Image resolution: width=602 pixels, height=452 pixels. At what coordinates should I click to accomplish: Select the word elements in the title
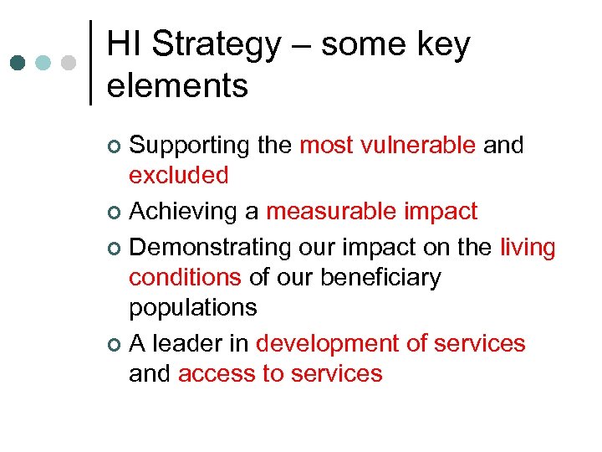tap(177, 85)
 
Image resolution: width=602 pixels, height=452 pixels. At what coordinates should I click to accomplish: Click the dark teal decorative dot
tap(18, 63)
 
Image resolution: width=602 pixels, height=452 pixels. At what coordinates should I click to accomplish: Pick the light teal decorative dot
tap(43, 63)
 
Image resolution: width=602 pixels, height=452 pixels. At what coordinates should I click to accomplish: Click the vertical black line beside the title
tap(89, 63)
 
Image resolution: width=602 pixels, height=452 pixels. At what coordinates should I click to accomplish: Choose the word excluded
tap(178, 176)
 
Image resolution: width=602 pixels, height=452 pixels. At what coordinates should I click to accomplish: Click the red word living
tap(528, 248)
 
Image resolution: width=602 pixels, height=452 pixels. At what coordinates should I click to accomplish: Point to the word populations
tap(192, 307)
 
